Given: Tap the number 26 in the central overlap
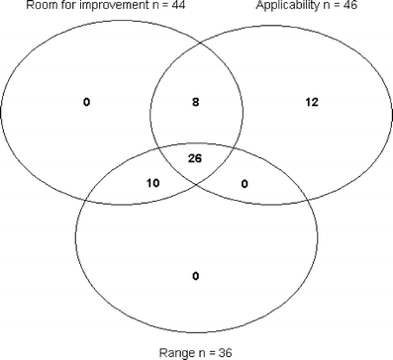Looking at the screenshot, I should point(195,157).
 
